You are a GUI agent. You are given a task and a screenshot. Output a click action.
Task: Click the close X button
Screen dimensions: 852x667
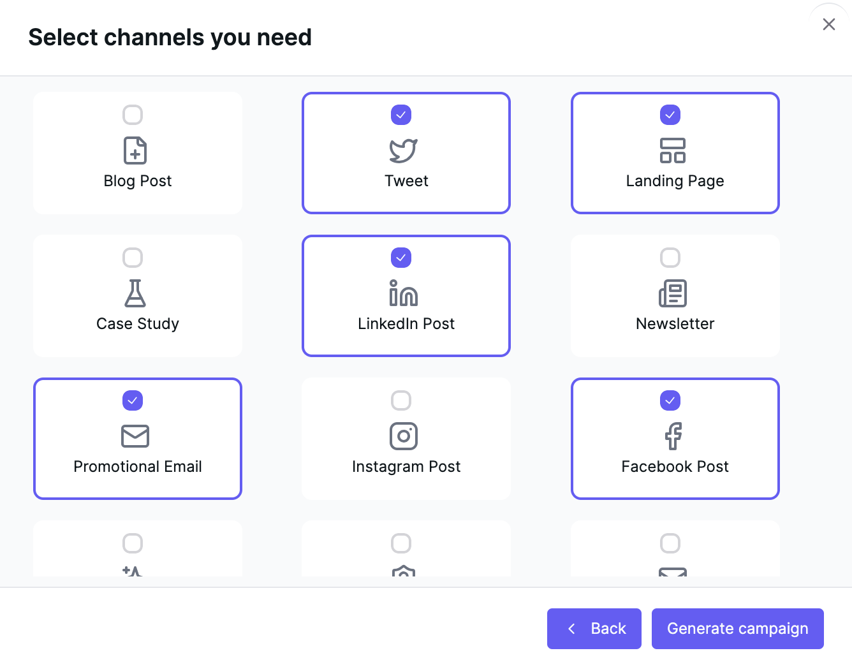tap(828, 24)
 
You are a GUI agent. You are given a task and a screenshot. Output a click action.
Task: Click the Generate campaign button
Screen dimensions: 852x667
tap(737, 628)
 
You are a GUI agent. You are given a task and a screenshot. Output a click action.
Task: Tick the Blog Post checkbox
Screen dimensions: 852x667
tap(133, 115)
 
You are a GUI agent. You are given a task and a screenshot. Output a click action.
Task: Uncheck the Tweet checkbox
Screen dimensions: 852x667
tap(400, 115)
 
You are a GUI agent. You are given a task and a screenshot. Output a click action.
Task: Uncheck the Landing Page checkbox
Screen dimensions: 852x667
tap(670, 115)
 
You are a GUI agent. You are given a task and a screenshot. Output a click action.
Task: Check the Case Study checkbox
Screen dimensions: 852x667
tap(133, 258)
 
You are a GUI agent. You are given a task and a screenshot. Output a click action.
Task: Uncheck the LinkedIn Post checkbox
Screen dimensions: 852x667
tap(400, 258)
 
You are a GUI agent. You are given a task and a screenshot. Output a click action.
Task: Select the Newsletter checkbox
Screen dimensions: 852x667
tap(670, 258)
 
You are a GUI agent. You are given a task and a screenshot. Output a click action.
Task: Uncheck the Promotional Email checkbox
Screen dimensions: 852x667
tap(133, 400)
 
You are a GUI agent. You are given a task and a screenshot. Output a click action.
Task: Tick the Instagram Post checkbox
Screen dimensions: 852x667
tap(400, 400)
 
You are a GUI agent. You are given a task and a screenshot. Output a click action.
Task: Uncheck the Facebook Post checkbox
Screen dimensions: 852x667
tap(670, 400)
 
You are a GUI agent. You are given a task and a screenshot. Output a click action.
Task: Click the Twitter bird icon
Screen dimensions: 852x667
tap(403, 150)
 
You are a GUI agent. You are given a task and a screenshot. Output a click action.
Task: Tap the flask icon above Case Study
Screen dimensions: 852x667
tap(135, 293)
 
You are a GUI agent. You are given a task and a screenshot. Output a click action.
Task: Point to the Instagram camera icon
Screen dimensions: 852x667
tap(404, 436)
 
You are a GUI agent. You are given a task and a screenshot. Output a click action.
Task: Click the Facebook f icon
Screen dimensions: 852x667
tap(673, 436)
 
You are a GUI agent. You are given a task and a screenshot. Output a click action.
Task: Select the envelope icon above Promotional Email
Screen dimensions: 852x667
tap(135, 436)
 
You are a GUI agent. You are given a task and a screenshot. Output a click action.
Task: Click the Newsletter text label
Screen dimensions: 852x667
tap(675, 324)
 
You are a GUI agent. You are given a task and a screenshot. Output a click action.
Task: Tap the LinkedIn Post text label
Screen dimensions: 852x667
tap(406, 324)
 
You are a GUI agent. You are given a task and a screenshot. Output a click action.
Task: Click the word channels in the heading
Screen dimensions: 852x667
tap(154, 37)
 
